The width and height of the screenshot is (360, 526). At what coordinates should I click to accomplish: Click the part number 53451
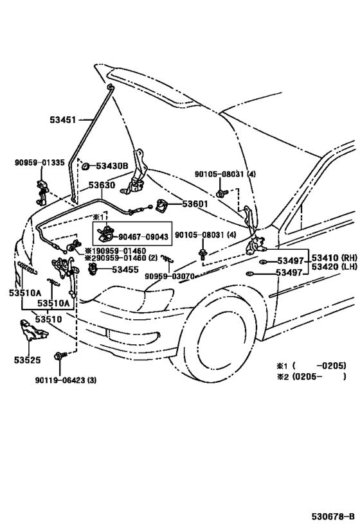(x=63, y=119)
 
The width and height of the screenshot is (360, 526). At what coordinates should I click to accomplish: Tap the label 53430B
(x=112, y=166)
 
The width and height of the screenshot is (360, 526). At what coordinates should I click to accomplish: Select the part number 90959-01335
(x=40, y=162)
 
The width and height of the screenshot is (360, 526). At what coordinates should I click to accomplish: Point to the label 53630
(x=102, y=185)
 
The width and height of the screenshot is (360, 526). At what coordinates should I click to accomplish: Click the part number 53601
(x=195, y=204)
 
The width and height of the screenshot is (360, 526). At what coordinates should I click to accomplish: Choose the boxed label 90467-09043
(x=143, y=237)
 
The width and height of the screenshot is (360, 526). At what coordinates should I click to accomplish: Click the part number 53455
(x=125, y=269)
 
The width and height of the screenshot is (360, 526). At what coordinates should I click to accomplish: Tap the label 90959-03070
(x=170, y=276)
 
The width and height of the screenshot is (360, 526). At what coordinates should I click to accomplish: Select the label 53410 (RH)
(x=334, y=258)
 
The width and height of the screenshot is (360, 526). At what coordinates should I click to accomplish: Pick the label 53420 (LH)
(x=334, y=267)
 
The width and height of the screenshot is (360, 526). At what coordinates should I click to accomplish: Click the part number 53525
(x=27, y=360)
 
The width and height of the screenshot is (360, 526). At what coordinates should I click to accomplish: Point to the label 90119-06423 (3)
(x=66, y=380)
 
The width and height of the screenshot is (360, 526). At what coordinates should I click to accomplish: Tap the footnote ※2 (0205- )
(x=311, y=376)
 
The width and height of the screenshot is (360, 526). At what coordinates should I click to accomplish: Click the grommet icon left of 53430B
(x=86, y=166)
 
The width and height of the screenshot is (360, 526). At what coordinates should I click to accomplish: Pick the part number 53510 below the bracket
(x=49, y=319)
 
